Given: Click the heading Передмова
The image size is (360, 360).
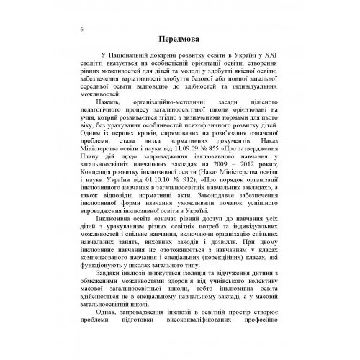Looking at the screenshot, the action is point(179,38).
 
